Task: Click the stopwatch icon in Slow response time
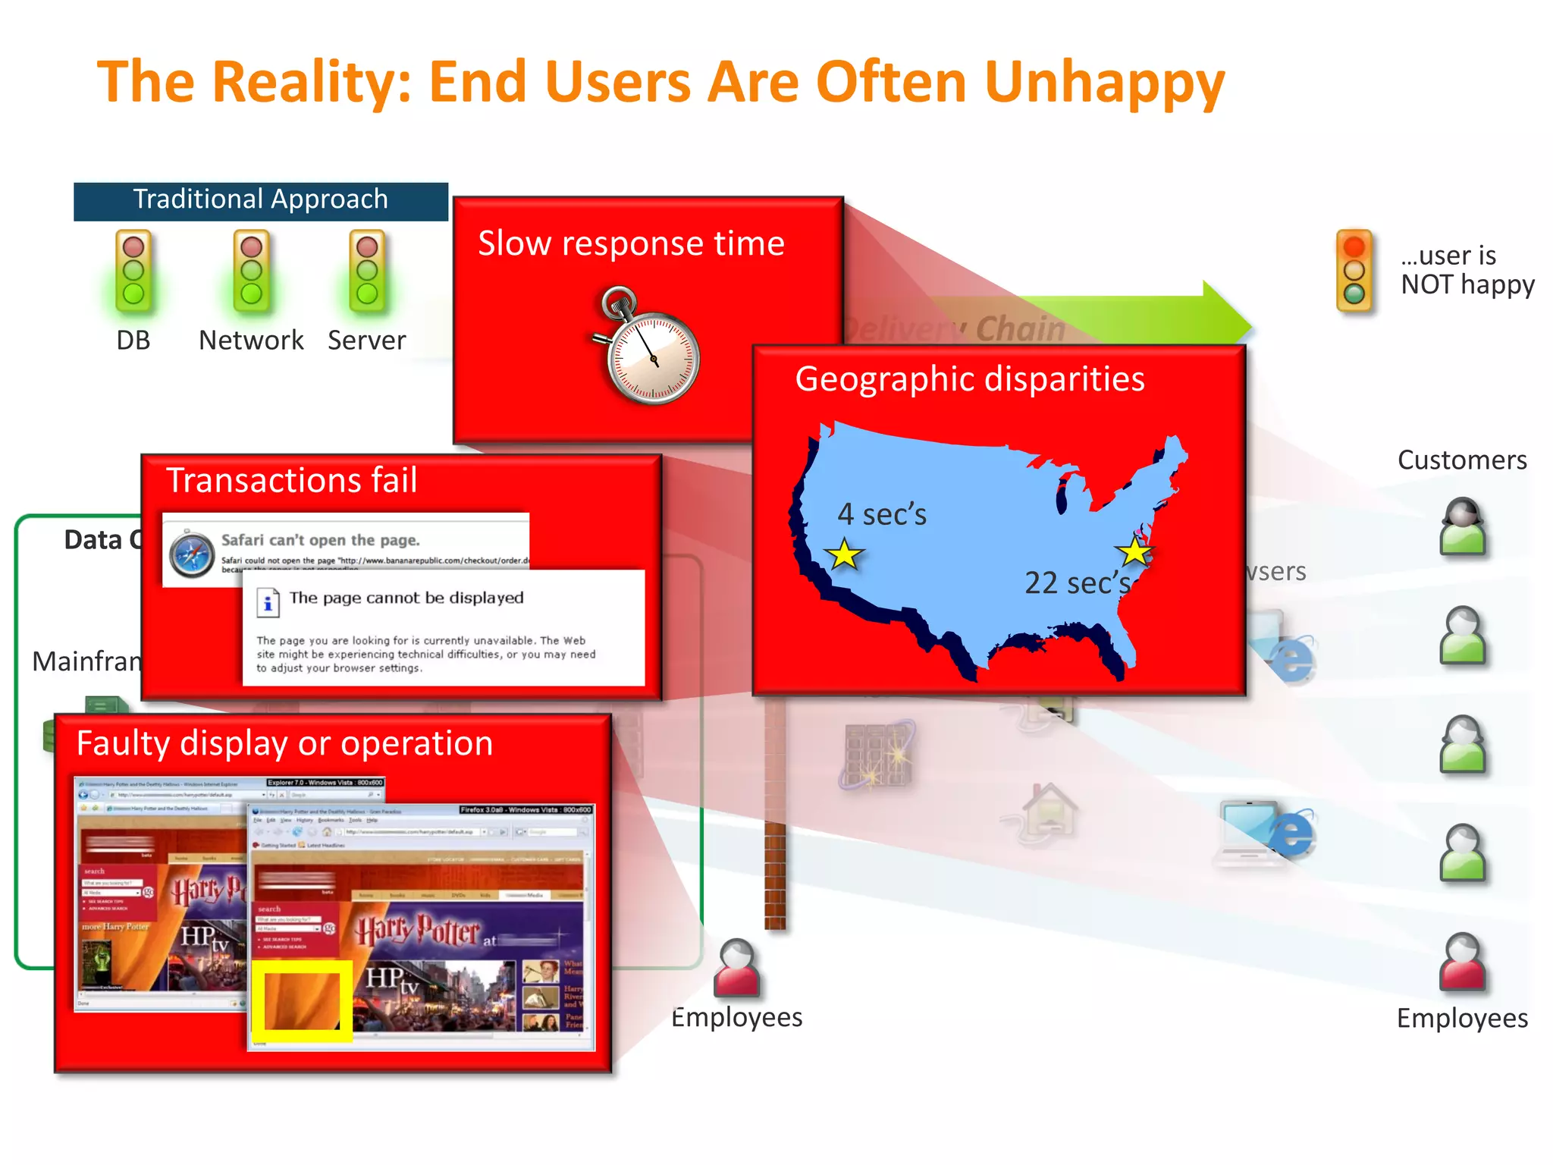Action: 650,349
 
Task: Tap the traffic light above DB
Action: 133,272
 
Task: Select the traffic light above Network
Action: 251,272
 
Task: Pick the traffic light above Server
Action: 367,272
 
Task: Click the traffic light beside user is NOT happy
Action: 1354,271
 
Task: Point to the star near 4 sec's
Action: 844,554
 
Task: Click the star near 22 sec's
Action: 1134,551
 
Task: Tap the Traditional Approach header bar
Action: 260,200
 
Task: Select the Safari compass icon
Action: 191,554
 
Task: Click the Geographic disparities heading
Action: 969,379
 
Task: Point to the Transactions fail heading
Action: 291,481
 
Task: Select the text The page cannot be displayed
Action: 406,598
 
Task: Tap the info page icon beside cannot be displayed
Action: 267,601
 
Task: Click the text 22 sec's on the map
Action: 1077,582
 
